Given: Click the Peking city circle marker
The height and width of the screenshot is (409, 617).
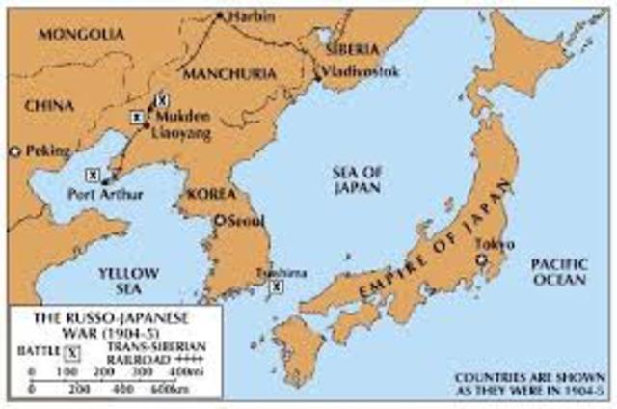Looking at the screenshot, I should pyautogui.click(x=13, y=151).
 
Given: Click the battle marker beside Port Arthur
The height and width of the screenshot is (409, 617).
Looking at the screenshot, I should pyautogui.click(x=93, y=175).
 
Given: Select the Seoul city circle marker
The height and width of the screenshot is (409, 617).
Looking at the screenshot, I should pyautogui.click(x=219, y=220).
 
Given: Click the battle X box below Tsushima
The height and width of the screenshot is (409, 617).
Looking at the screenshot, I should pyautogui.click(x=278, y=286).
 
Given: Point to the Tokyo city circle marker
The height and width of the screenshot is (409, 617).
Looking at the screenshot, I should pyautogui.click(x=480, y=259).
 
